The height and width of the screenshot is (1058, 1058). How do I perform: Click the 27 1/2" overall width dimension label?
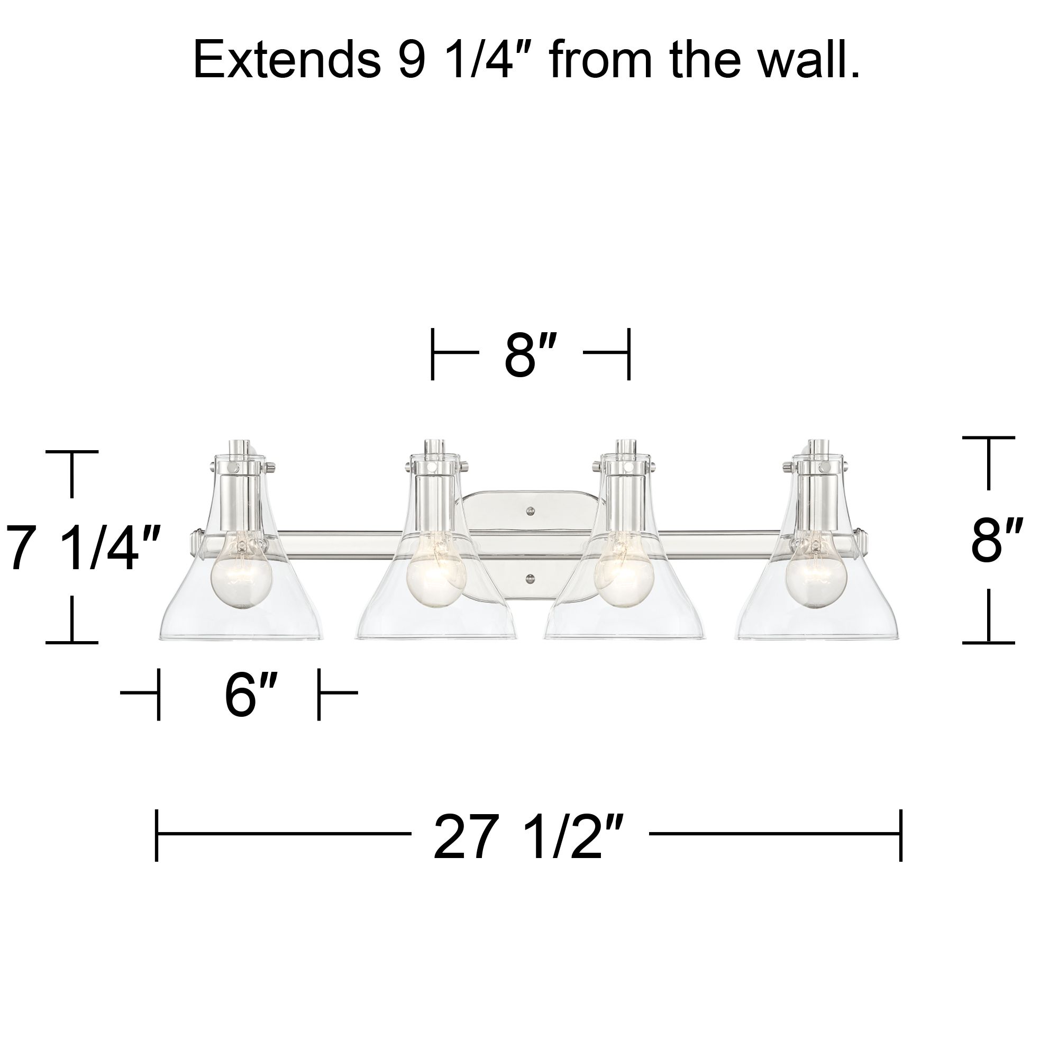(x=529, y=836)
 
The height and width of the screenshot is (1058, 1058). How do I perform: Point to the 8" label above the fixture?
(x=530, y=355)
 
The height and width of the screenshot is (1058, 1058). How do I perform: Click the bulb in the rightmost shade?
(x=816, y=575)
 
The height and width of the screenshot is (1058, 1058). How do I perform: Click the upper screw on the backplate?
(x=530, y=511)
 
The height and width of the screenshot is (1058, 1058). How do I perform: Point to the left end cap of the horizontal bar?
(x=196, y=542)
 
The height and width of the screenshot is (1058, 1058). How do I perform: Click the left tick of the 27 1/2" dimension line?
(x=157, y=835)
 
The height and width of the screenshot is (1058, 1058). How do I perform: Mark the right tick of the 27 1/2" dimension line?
(x=901, y=835)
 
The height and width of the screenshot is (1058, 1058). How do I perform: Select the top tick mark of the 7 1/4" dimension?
(x=72, y=452)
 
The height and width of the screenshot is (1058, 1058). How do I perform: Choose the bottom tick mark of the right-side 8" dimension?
(x=989, y=642)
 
